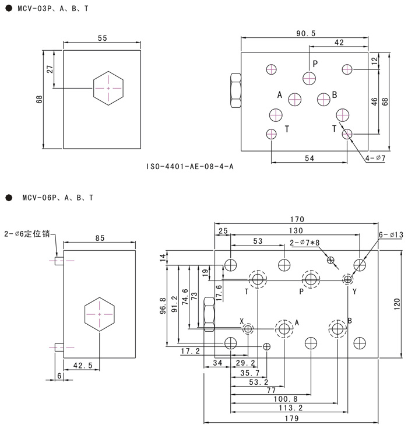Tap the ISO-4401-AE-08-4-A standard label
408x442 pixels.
[x=190, y=167]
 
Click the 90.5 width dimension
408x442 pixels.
[x=305, y=33]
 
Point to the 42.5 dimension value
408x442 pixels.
[x=82, y=366]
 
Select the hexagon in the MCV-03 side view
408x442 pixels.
[x=108, y=88]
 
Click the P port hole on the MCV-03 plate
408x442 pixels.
[x=309, y=78]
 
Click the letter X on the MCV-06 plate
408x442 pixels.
[x=241, y=321]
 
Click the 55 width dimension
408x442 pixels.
[x=102, y=38]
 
